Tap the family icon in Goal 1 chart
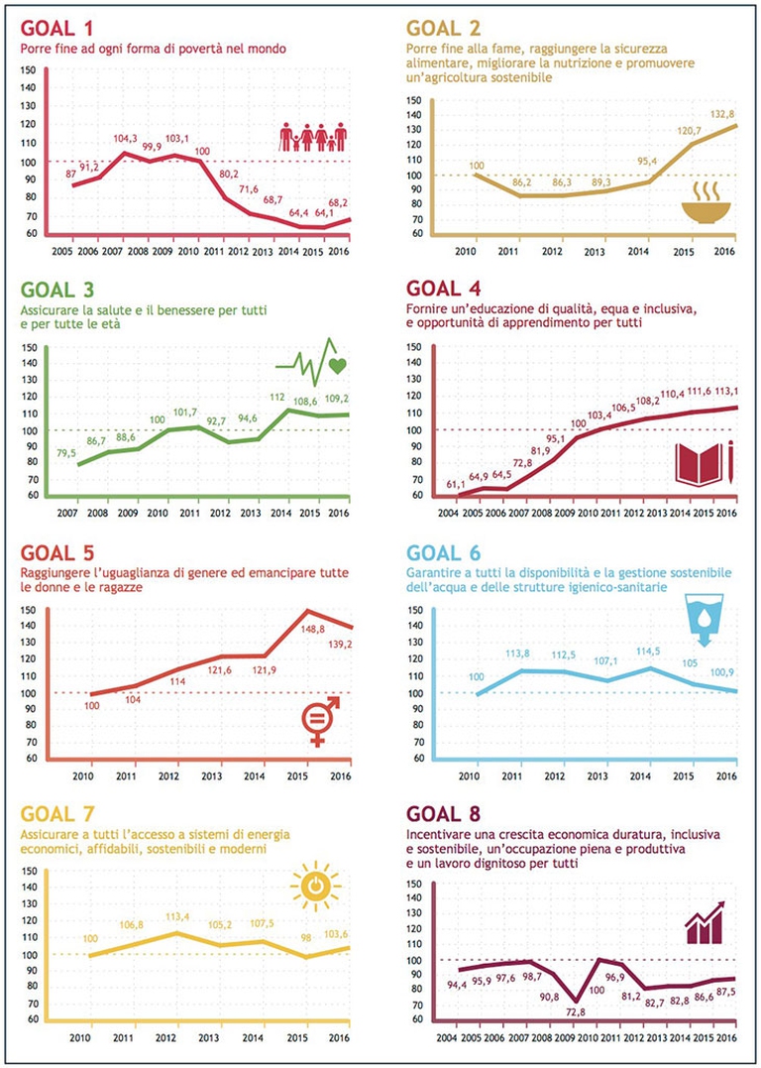(x=313, y=137)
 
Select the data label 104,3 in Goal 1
(x=125, y=140)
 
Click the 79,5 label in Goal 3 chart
(x=68, y=453)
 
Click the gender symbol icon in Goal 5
(x=319, y=719)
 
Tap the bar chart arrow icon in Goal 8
(x=704, y=923)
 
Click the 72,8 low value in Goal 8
(x=577, y=1012)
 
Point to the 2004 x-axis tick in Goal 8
(x=448, y=1037)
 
